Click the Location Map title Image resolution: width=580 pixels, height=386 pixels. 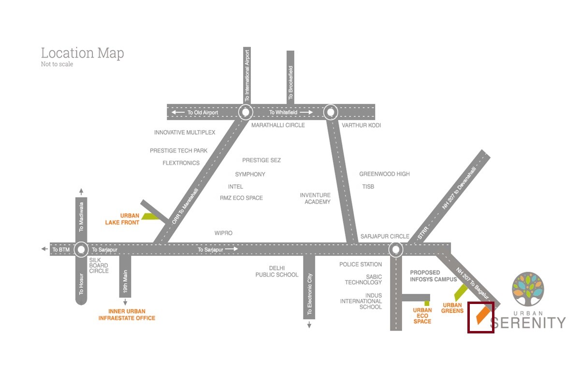pos(82,53)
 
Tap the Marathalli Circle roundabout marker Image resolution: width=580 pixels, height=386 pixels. pos(246,112)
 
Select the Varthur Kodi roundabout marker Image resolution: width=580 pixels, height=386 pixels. pos(331,112)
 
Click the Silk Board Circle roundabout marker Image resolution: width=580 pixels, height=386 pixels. pos(81,249)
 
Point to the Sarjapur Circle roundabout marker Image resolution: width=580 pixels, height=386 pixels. pos(396,249)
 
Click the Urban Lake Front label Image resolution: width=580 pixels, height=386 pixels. pos(122,219)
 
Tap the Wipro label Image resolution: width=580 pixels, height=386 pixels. pos(223,233)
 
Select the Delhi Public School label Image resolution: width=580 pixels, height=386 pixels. pos(277,271)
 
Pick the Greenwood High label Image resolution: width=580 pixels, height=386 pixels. pos(384,174)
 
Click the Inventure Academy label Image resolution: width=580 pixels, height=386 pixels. pos(315,198)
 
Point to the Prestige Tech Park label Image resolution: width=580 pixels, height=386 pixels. pos(178,151)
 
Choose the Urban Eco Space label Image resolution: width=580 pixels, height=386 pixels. pos(422,316)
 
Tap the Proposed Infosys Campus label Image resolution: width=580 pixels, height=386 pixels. pos(433,276)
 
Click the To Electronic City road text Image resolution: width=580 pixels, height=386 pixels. pos(309,295)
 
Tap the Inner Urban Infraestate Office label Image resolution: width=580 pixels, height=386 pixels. pos(127,315)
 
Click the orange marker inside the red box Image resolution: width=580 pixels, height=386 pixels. pos(481,315)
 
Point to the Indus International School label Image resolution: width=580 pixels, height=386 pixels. pos(361,301)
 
